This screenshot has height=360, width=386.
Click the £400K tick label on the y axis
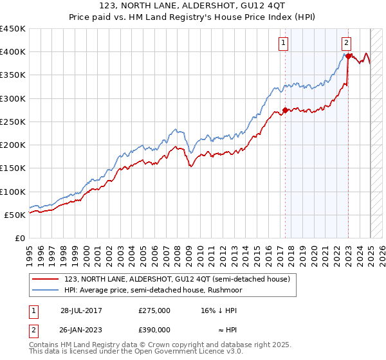12,52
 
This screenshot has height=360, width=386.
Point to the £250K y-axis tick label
12,122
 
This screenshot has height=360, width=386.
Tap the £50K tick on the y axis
15,215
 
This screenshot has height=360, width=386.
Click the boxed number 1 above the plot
284,43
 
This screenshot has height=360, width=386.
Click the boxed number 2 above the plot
346,43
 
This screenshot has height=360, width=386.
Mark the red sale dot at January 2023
348,57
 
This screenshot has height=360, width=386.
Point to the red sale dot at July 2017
286,110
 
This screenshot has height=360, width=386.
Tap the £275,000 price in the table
154,310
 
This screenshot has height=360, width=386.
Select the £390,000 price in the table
154,330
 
